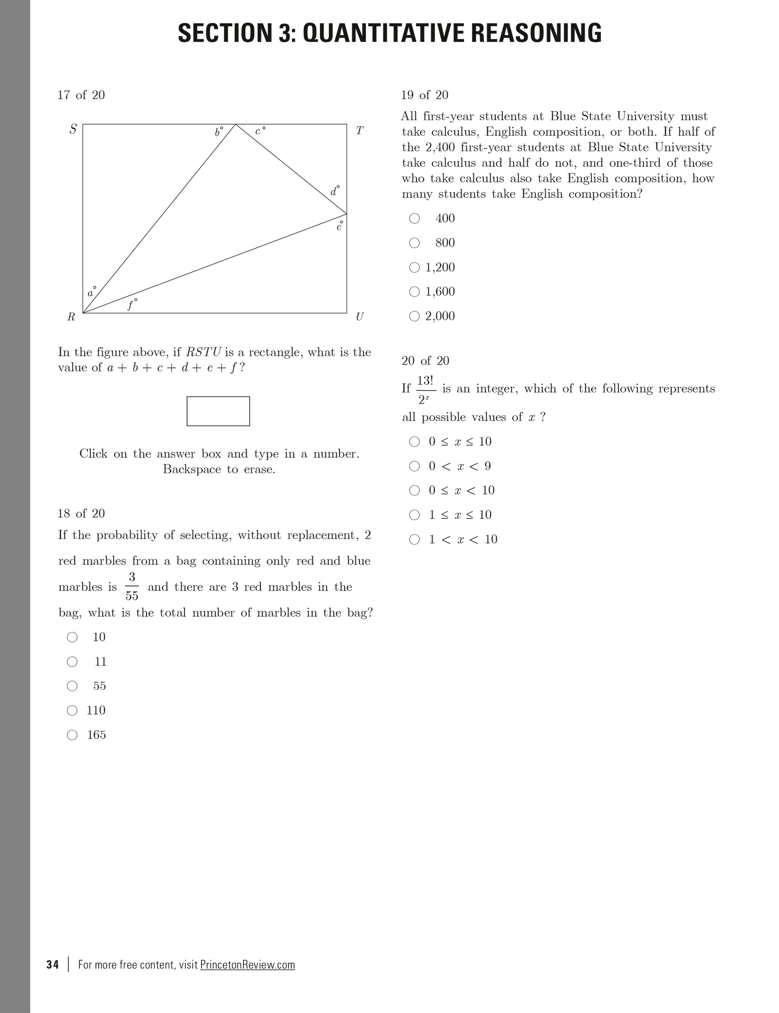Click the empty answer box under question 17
pos(218,411)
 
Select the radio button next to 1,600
pos(414,292)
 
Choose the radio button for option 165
pos(72,735)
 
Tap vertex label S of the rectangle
pos(73,129)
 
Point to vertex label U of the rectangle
pos(360,316)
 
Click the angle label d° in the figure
pos(335,191)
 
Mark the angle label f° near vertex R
pos(132,304)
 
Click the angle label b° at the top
pos(219,132)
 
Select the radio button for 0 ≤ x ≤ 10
pos(414,442)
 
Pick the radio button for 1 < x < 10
pos(414,539)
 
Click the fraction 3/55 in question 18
pos(132,587)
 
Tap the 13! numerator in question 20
pos(425,381)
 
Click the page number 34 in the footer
pos(53,965)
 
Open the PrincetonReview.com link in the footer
pos(247,965)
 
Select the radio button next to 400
pos(414,219)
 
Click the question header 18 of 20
pos(81,513)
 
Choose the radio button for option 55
pos(72,686)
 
